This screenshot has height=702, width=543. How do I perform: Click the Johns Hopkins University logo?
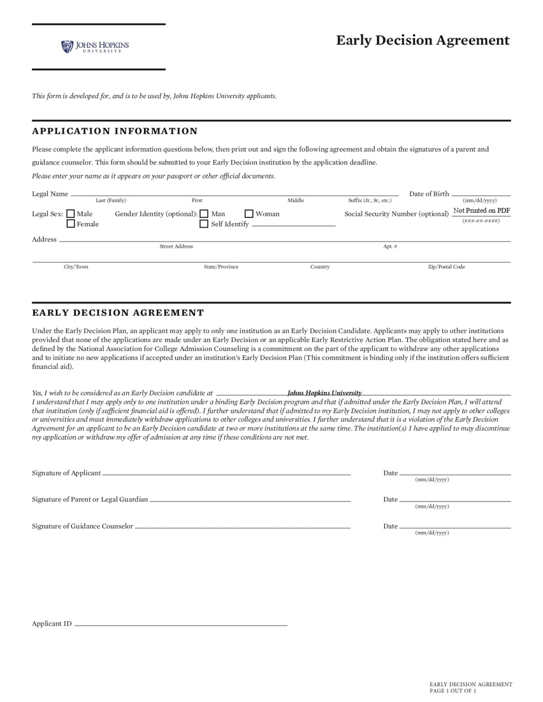click(95, 47)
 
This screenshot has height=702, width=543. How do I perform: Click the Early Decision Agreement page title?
click(423, 40)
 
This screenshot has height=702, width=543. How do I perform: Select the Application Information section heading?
click(115, 131)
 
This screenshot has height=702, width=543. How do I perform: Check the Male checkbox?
click(71, 214)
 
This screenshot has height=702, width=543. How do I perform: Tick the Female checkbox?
click(71, 224)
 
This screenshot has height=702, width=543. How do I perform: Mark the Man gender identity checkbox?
click(204, 214)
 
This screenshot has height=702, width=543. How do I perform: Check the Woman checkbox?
click(249, 214)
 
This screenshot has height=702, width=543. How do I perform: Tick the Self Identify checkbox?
click(204, 224)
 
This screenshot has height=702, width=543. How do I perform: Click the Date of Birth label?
click(429, 194)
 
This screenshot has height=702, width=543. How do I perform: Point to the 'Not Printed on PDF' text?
click(481, 211)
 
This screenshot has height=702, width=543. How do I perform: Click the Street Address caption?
click(176, 247)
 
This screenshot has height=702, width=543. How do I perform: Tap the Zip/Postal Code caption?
click(446, 267)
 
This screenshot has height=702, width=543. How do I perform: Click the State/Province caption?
click(221, 267)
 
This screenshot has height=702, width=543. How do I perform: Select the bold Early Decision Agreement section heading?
click(118, 313)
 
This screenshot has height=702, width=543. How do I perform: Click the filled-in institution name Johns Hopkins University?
click(324, 393)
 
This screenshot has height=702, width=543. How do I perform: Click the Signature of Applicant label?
click(66, 473)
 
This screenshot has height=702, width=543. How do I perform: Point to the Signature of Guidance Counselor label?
click(83, 526)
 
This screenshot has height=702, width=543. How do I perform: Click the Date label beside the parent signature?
click(390, 499)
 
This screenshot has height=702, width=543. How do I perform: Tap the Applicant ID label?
click(52, 623)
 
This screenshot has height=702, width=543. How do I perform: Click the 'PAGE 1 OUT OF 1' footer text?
click(452, 691)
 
